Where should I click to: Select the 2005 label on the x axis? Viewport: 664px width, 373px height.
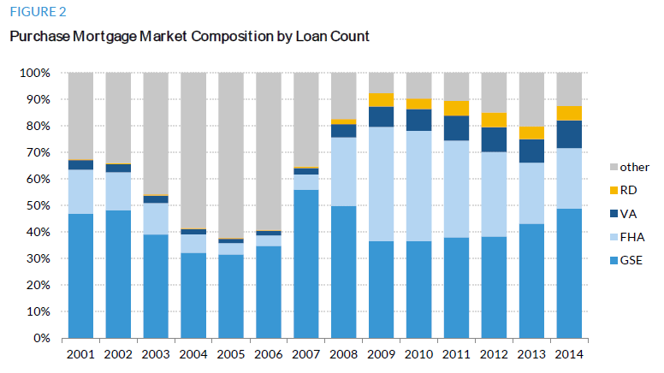[x=230, y=353]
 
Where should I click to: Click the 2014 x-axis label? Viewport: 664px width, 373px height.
[x=569, y=353]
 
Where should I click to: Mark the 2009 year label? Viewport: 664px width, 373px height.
[x=381, y=353]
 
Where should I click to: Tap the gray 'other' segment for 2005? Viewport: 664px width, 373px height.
[x=230, y=154]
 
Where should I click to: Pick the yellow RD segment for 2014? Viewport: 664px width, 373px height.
[x=569, y=113]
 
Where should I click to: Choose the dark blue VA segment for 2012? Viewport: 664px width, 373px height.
[x=494, y=139]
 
